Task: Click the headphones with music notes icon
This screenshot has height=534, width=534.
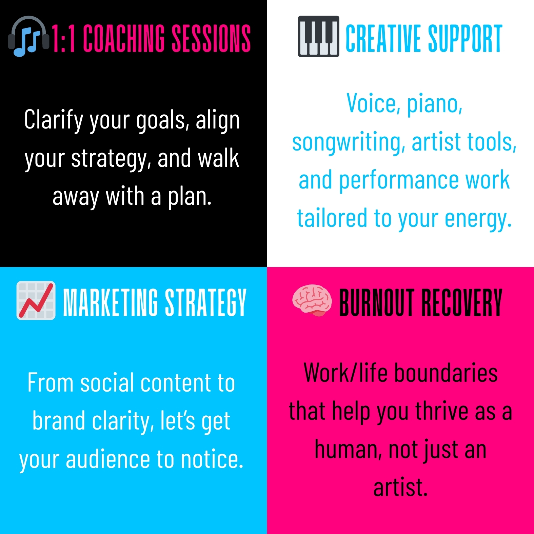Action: [28, 36]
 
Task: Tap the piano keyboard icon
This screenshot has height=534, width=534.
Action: [318, 36]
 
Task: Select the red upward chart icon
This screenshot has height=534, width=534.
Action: [36, 300]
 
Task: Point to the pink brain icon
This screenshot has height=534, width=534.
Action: [312, 300]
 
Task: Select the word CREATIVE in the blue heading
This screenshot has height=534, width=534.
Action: [383, 38]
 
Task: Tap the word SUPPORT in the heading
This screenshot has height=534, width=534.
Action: [465, 38]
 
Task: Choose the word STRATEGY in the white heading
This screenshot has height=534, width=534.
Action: [205, 302]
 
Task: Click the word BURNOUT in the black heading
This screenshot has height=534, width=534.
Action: [377, 302]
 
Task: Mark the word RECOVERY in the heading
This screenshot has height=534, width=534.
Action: [461, 302]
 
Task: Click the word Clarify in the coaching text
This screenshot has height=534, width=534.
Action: [54, 121]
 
